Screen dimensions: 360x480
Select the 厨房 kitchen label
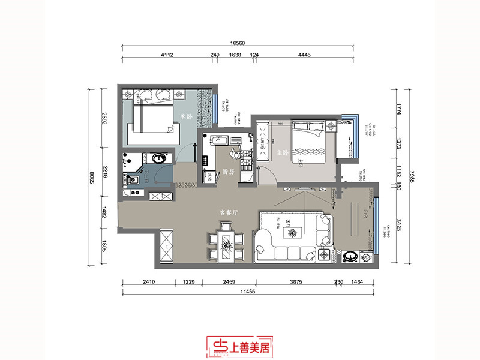[227, 172]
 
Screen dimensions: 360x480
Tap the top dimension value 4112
[167, 55]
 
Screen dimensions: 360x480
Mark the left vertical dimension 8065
[92, 178]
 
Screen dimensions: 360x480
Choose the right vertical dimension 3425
[397, 229]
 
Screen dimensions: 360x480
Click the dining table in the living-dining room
[225, 243]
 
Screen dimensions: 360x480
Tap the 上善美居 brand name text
[252, 344]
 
